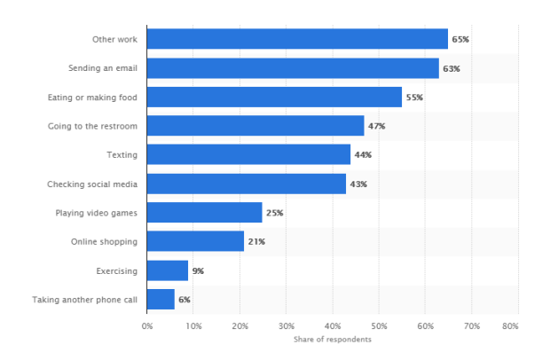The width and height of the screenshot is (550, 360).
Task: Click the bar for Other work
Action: [x=297, y=39]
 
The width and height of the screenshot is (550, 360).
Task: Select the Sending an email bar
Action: [x=293, y=68]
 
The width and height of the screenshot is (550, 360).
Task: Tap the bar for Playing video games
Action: [x=205, y=213]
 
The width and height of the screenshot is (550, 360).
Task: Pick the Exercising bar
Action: [x=168, y=270]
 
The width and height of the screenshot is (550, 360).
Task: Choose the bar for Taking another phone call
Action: [x=161, y=300]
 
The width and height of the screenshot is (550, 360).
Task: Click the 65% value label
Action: [x=460, y=39]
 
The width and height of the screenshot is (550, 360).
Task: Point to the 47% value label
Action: [x=376, y=126]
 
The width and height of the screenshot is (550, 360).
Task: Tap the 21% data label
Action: [x=256, y=241]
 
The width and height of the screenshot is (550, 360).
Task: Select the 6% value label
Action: [x=185, y=300]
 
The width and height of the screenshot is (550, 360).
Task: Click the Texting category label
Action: [x=122, y=155]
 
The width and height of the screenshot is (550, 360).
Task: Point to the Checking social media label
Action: [x=92, y=184]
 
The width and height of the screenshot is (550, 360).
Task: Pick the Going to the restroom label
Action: [x=92, y=126]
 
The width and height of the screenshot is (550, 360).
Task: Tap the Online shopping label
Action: [x=104, y=242]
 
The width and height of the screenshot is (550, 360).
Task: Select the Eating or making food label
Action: [x=92, y=98]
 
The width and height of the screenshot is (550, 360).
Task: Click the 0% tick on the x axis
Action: [x=147, y=326]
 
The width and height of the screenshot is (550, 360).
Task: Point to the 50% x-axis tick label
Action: [x=379, y=326]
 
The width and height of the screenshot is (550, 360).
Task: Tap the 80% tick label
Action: [x=510, y=326]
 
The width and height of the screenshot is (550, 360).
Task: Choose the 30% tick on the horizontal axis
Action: [x=287, y=326]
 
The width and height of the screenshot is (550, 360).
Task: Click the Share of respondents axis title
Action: [x=333, y=340]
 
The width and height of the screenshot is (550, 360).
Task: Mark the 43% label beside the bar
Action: [x=358, y=184]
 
